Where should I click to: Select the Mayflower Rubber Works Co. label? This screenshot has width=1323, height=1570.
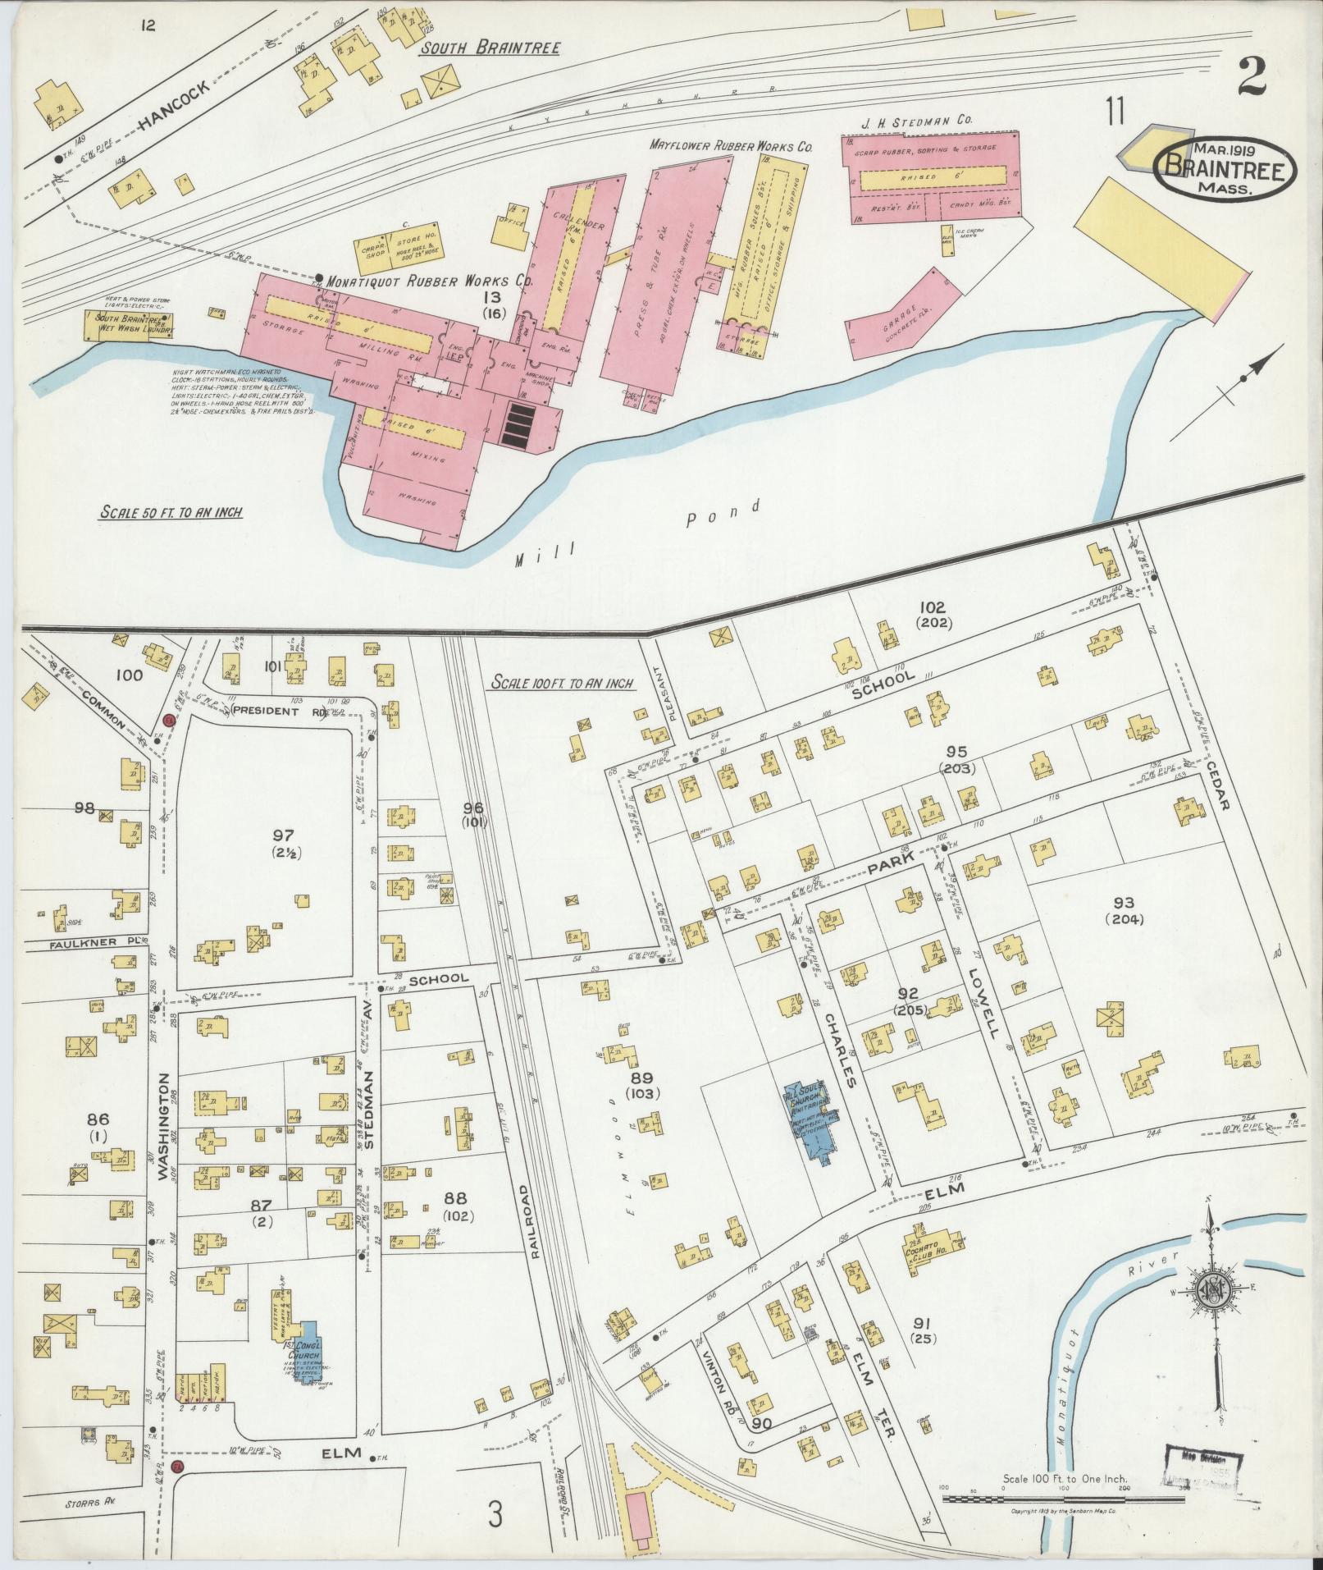(730, 147)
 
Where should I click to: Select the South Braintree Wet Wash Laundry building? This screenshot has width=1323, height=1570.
(131, 325)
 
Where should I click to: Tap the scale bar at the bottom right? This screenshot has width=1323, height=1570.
(1063, 1499)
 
